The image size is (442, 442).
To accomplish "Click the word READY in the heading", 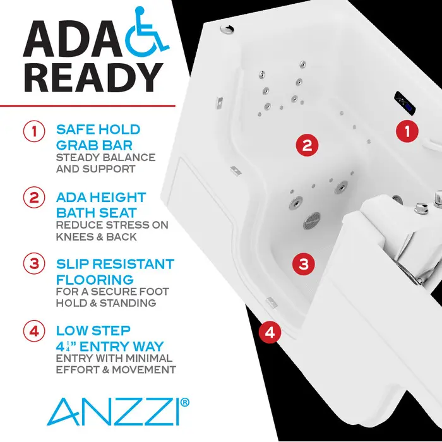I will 93,76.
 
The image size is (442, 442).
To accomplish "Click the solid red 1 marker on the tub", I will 407,131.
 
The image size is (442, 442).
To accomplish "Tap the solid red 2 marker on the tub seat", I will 306,145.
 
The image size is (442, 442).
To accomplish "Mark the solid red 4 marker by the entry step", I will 270,331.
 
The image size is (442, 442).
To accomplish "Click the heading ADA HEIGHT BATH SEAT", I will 101,204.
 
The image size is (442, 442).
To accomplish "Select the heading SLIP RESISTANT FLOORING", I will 114,270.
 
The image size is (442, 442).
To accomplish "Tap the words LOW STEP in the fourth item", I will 93,330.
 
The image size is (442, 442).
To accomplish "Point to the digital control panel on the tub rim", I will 404,101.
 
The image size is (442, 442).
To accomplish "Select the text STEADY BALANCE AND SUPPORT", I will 105,163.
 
